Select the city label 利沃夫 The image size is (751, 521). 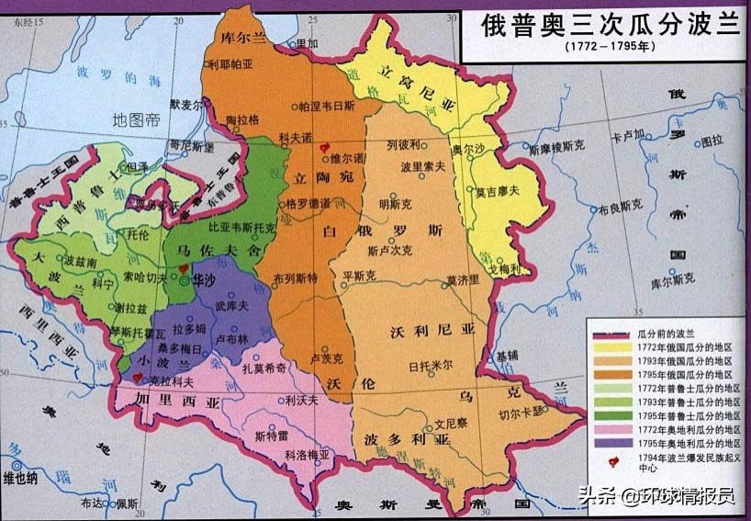pyautogui.click(x=300, y=400)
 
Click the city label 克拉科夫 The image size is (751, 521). pyautogui.click(x=172, y=378)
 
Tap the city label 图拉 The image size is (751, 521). pyautogui.click(x=712, y=141)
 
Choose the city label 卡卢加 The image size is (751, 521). pyautogui.click(x=628, y=136)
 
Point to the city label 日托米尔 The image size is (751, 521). pyautogui.click(x=432, y=363)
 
